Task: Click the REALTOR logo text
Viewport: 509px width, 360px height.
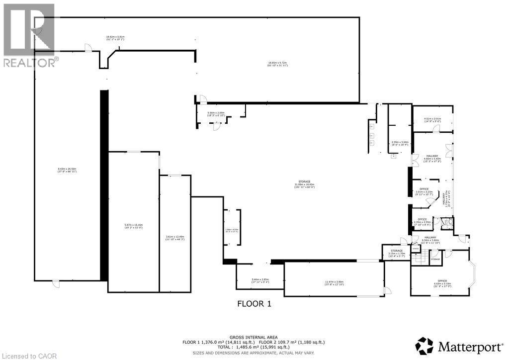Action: [29, 63]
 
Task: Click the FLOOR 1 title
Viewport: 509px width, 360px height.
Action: [254, 303]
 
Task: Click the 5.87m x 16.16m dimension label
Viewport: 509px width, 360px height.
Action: [133, 226]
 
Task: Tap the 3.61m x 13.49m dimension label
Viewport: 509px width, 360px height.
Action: [175, 238]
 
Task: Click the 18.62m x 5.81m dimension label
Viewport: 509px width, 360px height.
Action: [115, 38]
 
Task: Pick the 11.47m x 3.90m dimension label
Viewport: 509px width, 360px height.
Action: [335, 283]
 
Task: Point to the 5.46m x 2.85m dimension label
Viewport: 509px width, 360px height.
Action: [260, 281]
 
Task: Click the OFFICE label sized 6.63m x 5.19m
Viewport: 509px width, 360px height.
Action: [442, 283]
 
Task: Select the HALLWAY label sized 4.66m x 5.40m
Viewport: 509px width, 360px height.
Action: [431, 158]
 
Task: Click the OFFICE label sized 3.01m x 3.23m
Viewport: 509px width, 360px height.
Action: [424, 191]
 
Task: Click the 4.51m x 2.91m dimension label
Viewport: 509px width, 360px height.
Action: [432, 119]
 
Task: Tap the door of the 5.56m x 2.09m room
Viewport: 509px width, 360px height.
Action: [216, 126]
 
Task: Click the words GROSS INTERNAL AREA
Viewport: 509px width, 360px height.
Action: [254, 337]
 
